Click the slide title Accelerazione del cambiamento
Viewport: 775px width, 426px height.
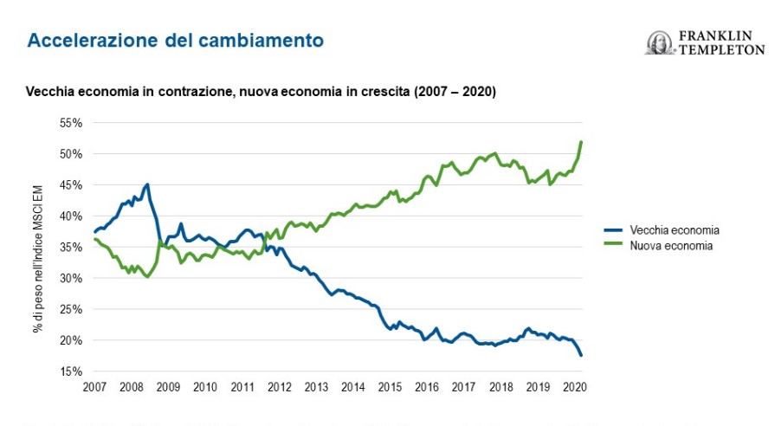pyautogui.click(x=176, y=40)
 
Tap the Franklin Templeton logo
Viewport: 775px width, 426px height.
pyautogui.click(x=705, y=43)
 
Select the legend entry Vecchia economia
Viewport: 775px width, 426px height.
pyautogui.click(x=675, y=230)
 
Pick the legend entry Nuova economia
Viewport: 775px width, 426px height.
pyautogui.click(x=671, y=246)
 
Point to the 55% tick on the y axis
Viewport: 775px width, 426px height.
pyautogui.click(x=71, y=123)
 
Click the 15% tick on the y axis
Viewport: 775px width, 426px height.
pyautogui.click(x=71, y=371)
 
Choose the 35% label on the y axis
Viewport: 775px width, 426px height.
pyautogui.click(x=71, y=247)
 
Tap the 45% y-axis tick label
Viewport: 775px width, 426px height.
pyautogui.click(x=71, y=185)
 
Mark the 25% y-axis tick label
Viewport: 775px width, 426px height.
pyautogui.click(x=71, y=309)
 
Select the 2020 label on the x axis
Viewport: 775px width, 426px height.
pyautogui.click(x=574, y=387)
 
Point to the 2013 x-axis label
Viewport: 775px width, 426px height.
pyautogui.click(x=315, y=387)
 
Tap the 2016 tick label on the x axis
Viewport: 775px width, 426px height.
pyautogui.click(x=426, y=387)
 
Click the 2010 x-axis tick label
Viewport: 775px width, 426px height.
pyautogui.click(x=204, y=387)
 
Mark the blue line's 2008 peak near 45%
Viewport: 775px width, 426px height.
pyautogui.click(x=147, y=184)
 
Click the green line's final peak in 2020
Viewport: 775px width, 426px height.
pyautogui.click(x=581, y=141)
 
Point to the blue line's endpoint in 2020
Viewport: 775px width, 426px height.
pyautogui.click(x=581, y=355)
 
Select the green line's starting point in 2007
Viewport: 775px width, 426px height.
pyautogui.click(x=94, y=239)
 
